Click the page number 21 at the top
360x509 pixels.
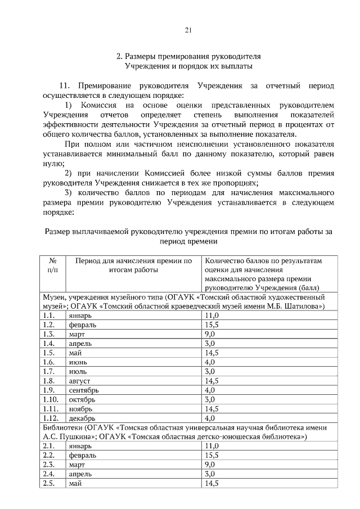(188, 30)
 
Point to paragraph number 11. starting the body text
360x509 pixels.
(66, 86)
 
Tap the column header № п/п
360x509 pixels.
(52, 265)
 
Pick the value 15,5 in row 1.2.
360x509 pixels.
(212, 325)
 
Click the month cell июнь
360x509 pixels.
(78, 362)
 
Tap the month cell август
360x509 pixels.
(79, 381)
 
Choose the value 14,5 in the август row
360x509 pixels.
(212, 381)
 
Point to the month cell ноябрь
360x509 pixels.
(80, 409)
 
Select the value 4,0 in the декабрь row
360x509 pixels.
(210, 418)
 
